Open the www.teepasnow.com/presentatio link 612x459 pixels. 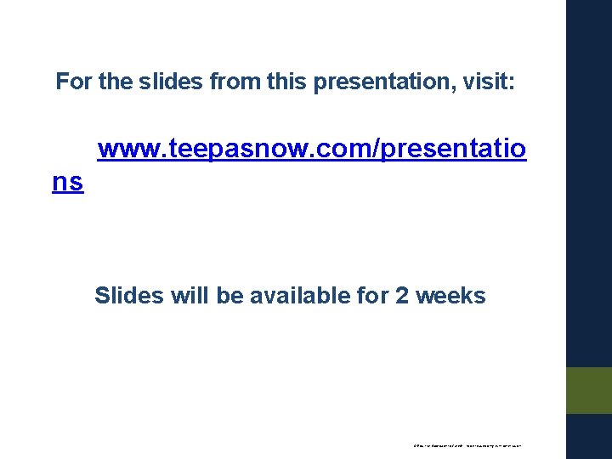311,150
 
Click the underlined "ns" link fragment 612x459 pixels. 68,182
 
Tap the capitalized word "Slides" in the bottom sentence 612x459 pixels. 128,296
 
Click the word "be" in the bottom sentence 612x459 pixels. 228,296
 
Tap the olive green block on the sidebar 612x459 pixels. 589,390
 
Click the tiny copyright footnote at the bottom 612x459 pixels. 467,445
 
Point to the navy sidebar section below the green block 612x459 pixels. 589,436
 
